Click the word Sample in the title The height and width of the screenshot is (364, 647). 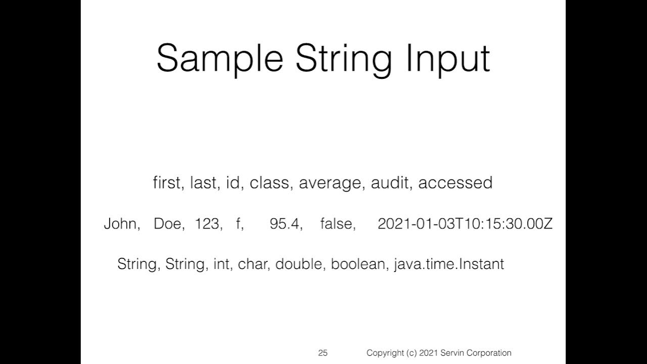220,59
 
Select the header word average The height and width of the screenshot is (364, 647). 331,183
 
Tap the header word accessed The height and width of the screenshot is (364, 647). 455,183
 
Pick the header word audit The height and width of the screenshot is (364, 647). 389,183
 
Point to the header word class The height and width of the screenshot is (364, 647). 269,183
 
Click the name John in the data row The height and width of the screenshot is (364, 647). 120,224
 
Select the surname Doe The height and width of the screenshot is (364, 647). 167,224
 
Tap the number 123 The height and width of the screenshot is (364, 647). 206,224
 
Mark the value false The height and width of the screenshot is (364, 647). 336,224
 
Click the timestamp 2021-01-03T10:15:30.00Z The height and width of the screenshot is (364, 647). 465,224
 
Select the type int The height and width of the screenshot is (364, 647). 221,264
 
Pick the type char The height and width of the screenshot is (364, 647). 252,264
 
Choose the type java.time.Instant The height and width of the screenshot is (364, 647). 448,264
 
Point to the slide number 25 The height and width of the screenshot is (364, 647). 322,353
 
